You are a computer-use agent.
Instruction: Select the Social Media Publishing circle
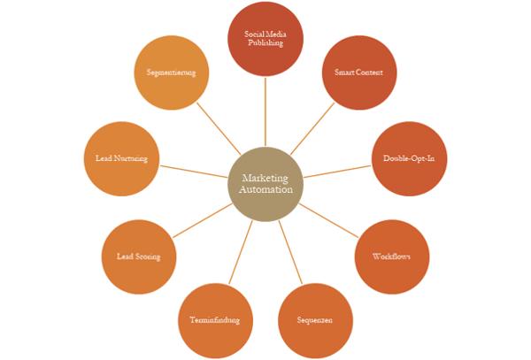coord(265,39)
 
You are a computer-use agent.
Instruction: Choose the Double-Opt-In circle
coord(409,159)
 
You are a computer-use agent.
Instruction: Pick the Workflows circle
coord(392,257)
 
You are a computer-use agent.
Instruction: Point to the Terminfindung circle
coord(215,320)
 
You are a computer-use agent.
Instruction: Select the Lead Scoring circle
coord(139,257)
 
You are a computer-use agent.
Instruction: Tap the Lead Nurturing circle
coord(121,159)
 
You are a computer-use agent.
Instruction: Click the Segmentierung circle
coord(172,73)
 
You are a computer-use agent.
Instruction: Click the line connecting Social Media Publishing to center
coord(265,111)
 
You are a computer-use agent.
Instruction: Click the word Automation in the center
coord(265,190)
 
